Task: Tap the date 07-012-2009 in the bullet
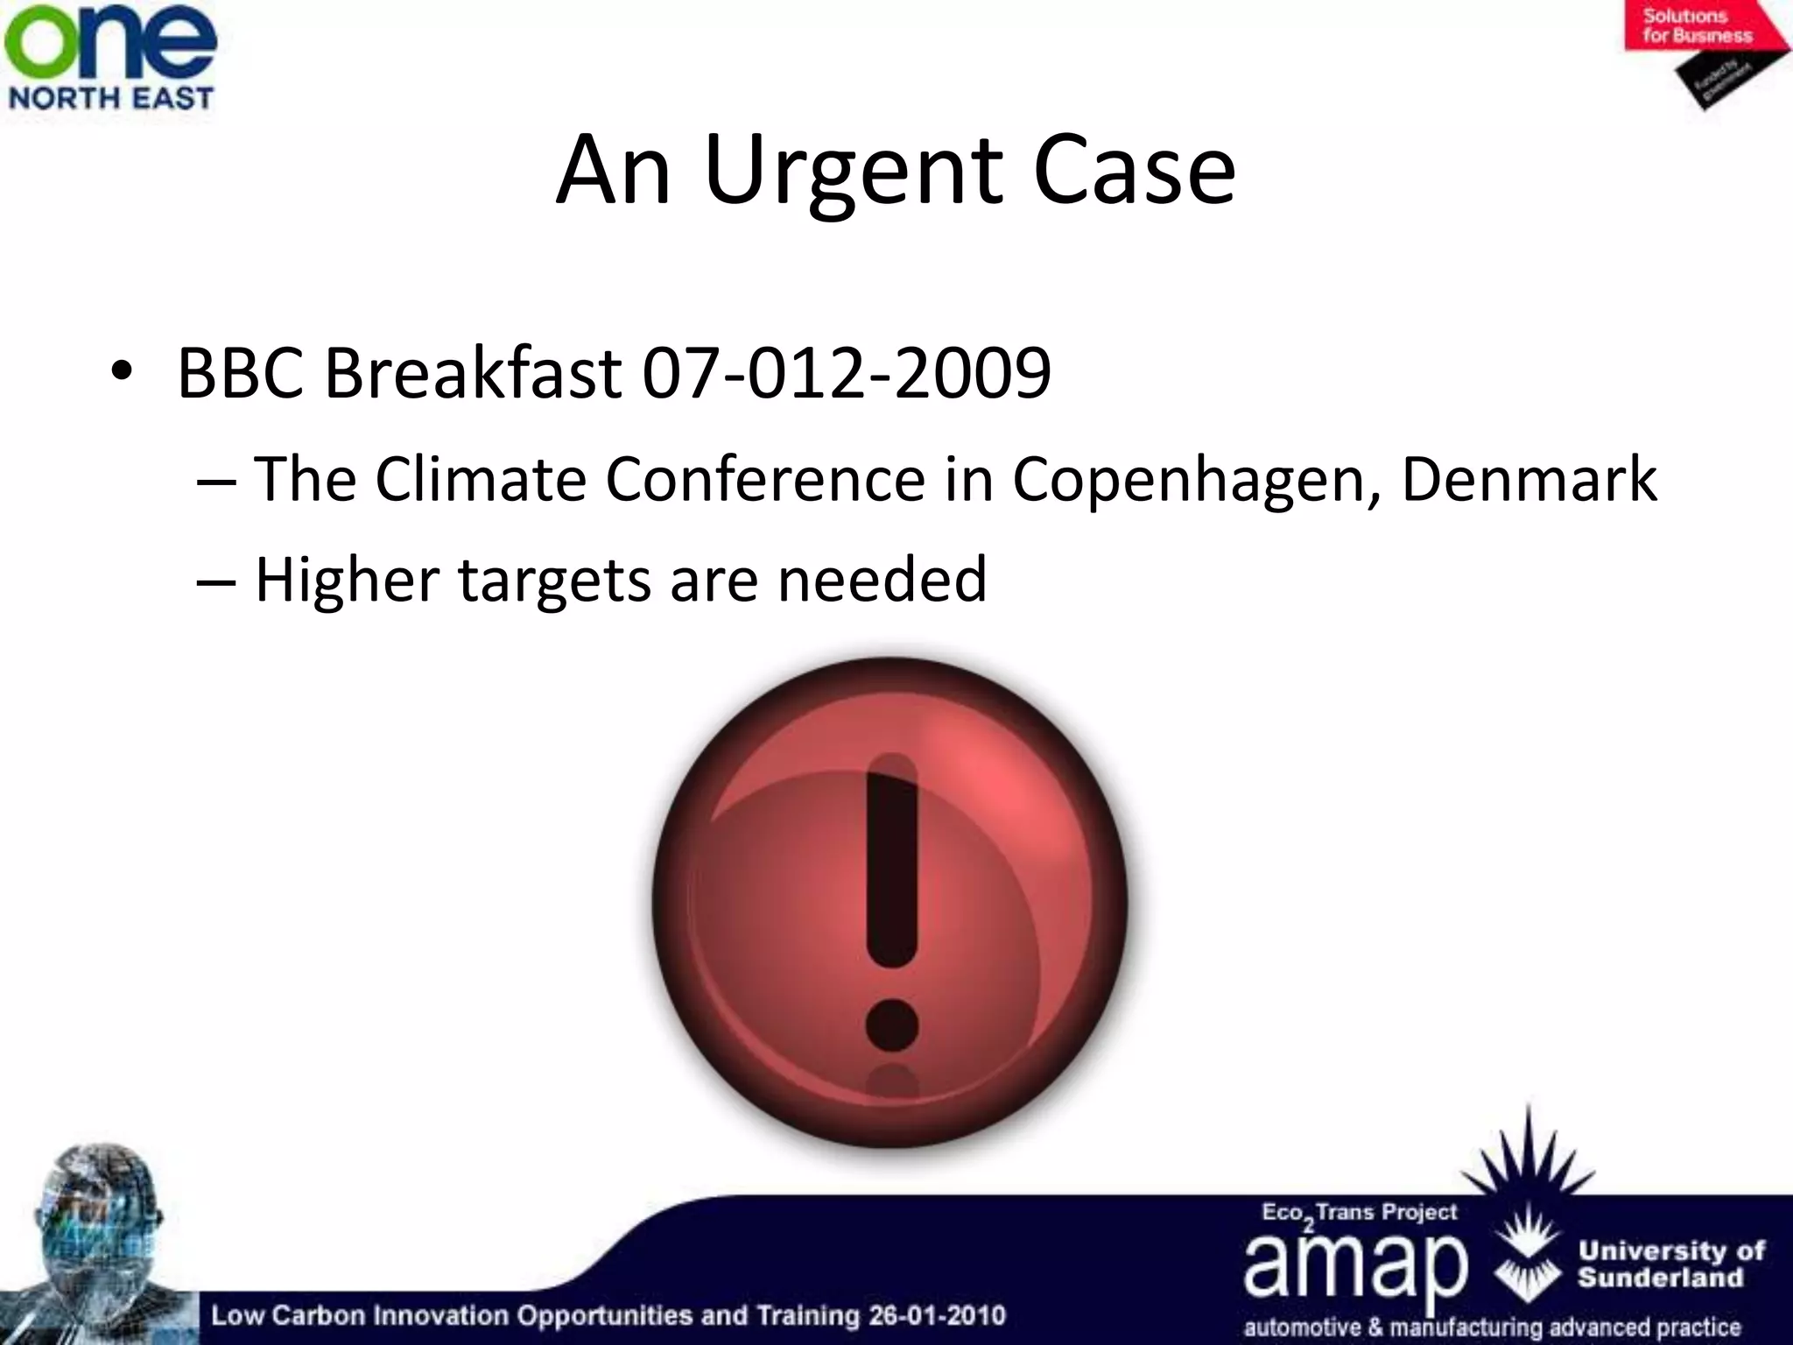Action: coord(846,373)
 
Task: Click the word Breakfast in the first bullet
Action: coord(473,373)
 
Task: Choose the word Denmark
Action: coord(1529,480)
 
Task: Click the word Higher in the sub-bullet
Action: coord(347,580)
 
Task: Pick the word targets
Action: coord(554,581)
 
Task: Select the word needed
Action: coord(882,580)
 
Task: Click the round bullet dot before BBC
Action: coord(123,374)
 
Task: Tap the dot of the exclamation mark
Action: coord(891,1025)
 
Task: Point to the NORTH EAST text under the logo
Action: coord(110,97)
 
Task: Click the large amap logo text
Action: coord(1354,1265)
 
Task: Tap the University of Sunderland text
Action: coord(1670,1264)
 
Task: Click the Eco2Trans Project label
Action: coord(1359,1213)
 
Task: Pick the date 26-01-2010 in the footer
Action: coord(937,1315)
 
